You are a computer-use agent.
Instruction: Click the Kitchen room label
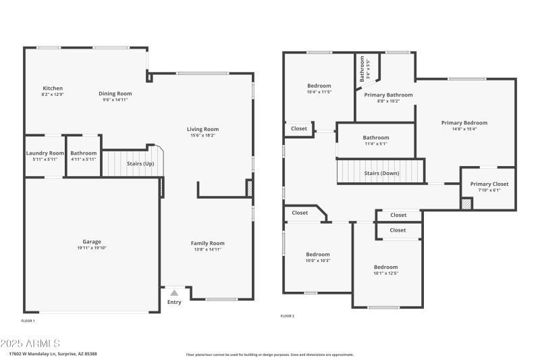(53, 88)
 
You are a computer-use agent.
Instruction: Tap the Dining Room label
(115, 94)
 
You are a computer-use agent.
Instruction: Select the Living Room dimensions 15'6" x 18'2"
(203, 135)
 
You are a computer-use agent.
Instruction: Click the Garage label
(92, 242)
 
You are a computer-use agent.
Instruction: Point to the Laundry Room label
(45, 153)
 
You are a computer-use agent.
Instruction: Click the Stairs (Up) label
(140, 163)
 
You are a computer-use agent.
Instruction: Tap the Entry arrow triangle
(174, 292)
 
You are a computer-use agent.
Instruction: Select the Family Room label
(207, 243)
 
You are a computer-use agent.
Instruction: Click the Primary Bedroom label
(464, 123)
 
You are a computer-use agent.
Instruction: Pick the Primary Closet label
(489, 184)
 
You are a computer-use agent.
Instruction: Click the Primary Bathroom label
(388, 95)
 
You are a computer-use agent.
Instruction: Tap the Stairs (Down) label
(381, 173)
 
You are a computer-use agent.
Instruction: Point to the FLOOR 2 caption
(288, 316)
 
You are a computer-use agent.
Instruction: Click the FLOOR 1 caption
(28, 320)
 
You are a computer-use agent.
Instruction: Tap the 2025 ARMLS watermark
(32, 343)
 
